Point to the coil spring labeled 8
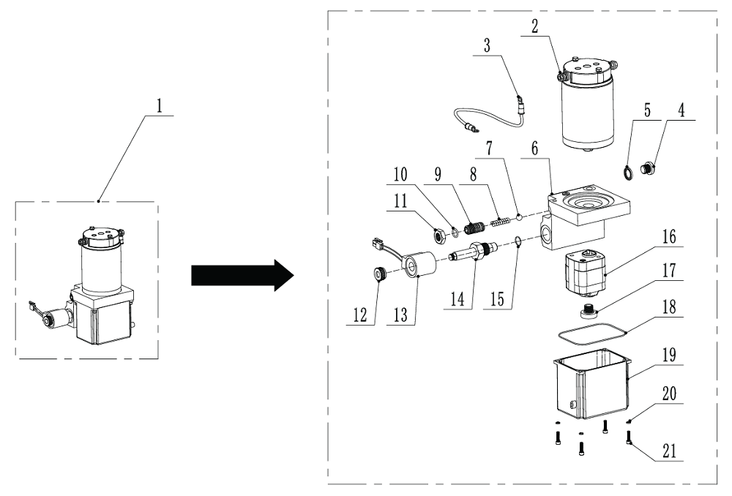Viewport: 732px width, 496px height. [498, 218]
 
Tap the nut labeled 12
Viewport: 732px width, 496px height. [379, 275]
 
